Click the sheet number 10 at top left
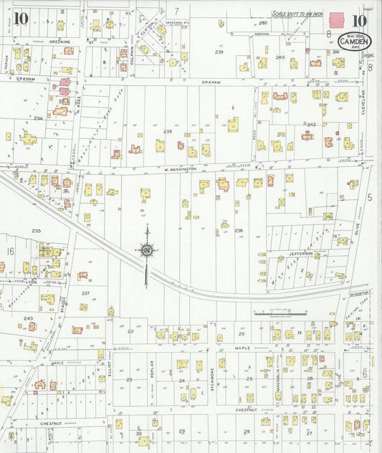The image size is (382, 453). [x=21, y=18]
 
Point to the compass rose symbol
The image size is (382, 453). [x=147, y=250]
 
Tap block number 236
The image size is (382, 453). [x=168, y=132]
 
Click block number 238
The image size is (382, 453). [x=239, y=231]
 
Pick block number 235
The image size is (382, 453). [x=37, y=231]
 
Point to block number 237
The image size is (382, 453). [x=85, y=293]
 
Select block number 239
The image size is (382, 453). [x=219, y=52]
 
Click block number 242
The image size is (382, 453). [x=311, y=124]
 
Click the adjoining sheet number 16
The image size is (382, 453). [x=10, y=252]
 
